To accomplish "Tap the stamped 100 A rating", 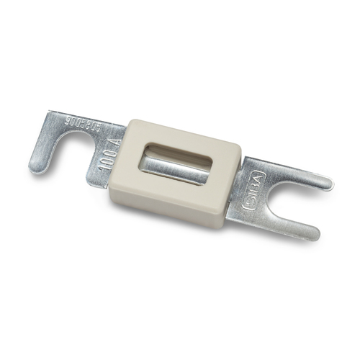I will [103, 152].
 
